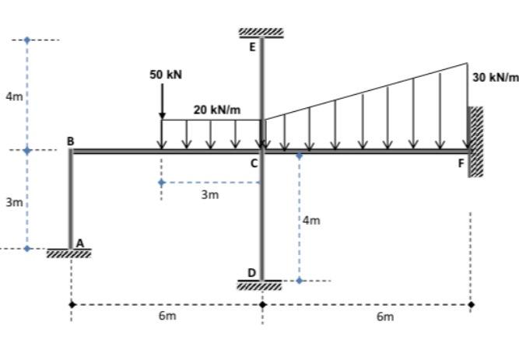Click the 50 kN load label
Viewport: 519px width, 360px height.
click(166, 75)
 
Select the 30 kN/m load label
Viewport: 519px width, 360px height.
click(495, 77)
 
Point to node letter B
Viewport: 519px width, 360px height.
click(70, 141)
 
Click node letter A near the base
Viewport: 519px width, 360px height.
click(79, 243)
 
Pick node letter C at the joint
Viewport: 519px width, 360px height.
click(254, 163)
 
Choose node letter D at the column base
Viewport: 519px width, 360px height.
click(251, 272)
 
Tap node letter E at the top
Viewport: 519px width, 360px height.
click(252, 47)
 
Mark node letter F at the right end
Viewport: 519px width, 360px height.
click(461, 163)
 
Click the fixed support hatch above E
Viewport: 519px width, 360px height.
click(261, 33)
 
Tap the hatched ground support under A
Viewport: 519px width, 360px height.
click(68, 253)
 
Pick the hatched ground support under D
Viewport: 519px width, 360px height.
click(261, 285)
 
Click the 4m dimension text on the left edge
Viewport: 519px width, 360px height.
click(14, 96)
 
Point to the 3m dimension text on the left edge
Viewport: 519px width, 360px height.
click(14, 202)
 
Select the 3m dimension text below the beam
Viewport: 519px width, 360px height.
click(209, 194)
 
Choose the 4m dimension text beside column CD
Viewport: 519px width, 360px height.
click(311, 221)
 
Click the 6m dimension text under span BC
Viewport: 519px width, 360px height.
click(167, 316)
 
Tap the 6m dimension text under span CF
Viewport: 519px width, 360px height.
click(384, 316)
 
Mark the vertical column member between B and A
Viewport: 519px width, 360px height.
click(71, 199)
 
